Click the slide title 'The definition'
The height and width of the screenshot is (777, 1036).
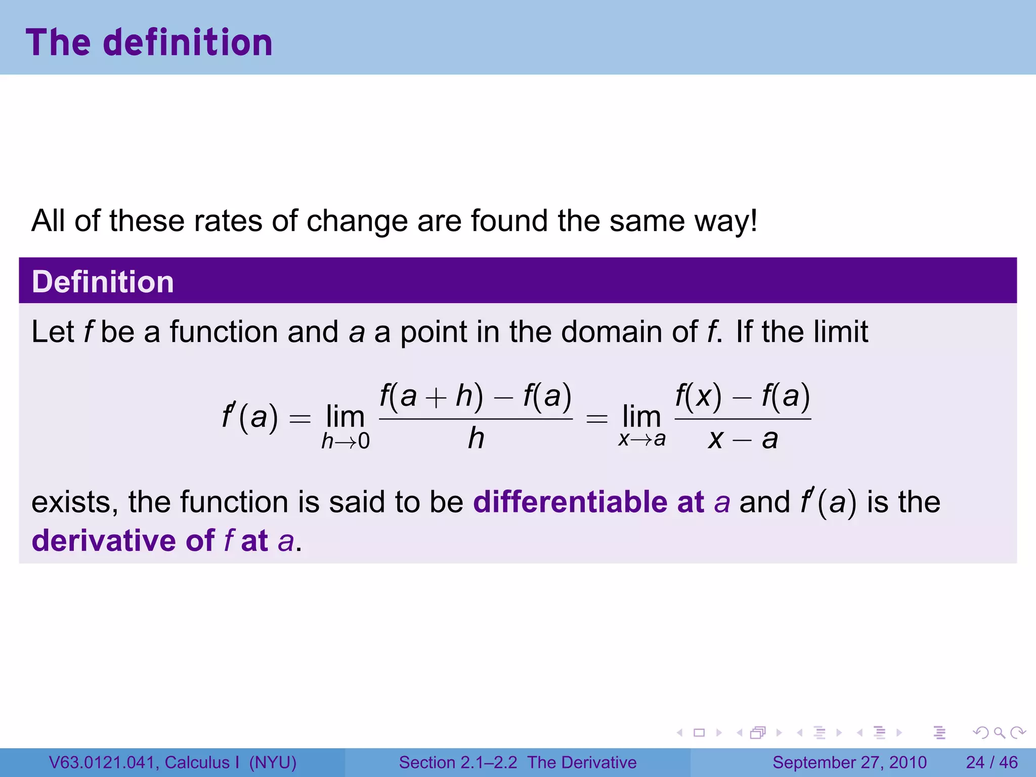point(149,42)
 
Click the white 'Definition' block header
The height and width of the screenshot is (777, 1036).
point(103,281)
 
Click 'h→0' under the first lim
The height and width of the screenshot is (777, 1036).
point(346,442)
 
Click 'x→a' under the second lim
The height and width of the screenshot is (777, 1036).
point(641,439)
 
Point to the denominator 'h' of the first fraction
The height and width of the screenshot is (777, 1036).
point(476,438)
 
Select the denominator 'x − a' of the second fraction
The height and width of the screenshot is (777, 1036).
point(743,439)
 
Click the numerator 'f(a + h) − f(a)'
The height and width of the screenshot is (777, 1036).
point(476,396)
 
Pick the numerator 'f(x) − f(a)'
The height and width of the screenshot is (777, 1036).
point(743,396)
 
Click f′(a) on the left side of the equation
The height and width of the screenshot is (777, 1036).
point(250,417)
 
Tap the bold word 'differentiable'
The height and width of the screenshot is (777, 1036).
point(570,502)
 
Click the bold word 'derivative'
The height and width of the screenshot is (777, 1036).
point(103,540)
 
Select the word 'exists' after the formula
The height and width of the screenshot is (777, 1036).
point(71,502)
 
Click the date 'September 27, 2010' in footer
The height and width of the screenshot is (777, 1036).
point(849,762)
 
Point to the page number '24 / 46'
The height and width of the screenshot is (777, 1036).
point(991,762)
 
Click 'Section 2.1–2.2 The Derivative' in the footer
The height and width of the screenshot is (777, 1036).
point(517,762)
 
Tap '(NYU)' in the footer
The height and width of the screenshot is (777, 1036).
point(273,762)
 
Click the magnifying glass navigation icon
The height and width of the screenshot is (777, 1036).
point(999,732)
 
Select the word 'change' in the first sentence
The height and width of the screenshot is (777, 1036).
point(357,221)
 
